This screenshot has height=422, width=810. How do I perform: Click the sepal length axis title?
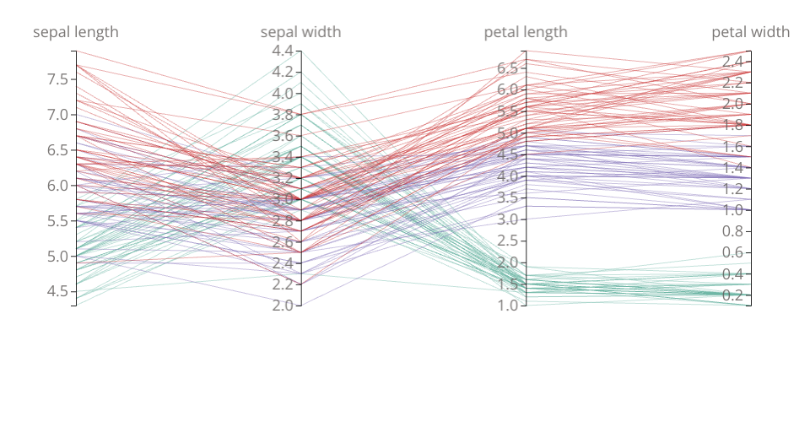[x=75, y=32]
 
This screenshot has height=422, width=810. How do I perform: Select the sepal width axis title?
[x=300, y=32]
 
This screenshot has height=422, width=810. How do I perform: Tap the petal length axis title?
[x=526, y=32]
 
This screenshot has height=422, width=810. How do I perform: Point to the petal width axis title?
[x=750, y=32]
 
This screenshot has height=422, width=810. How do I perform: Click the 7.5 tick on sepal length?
[x=58, y=79]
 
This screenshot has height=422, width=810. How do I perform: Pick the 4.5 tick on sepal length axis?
[x=58, y=291]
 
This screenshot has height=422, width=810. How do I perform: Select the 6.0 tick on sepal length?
[x=58, y=185]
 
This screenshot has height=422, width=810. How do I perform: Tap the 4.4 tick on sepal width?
[x=283, y=51]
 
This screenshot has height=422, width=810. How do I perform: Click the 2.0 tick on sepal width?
[x=283, y=305]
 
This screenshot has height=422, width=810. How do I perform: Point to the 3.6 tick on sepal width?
[x=283, y=136]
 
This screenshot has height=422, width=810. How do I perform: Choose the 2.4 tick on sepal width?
[x=283, y=262]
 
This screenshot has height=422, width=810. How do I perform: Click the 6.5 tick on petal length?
[x=508, y=68]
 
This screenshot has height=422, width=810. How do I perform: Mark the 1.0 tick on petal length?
[x=508, y=305]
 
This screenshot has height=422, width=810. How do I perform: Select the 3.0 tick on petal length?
[x=508, y=219]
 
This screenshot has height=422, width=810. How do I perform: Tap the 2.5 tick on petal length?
[x=508, y=241]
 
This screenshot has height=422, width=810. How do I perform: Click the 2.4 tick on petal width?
[x=732, y=62]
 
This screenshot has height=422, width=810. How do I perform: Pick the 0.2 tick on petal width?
[x=732, y=295]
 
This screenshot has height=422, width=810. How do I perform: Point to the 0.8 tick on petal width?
[x=732, y=231]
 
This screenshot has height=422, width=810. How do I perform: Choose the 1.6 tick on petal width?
[x=732, y=146]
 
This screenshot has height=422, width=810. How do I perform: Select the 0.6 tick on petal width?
[x=732, y=252]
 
